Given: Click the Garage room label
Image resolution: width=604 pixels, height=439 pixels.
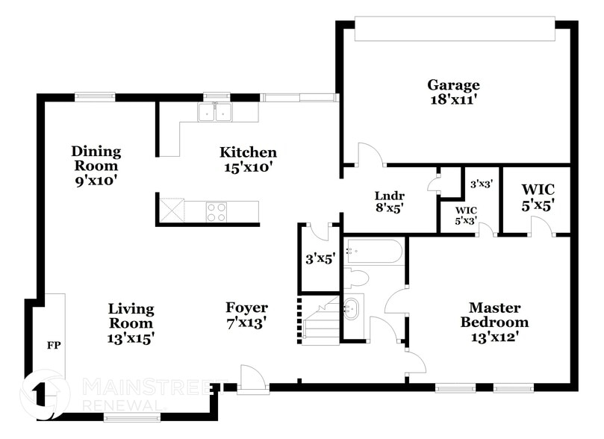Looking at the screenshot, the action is pos(453,85).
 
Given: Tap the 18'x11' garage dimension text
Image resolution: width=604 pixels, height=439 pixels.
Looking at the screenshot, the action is pos(454,100).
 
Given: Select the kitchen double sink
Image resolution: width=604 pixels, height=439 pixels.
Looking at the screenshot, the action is pos(214,112).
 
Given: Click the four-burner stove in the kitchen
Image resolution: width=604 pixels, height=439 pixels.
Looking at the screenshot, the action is pos(216,212).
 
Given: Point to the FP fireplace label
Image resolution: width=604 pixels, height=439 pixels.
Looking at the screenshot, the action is pos(54,346).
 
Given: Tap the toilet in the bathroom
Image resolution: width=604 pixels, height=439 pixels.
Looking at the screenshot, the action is pos(356,278).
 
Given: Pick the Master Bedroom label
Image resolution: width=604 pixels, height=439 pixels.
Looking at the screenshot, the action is pos(494,314).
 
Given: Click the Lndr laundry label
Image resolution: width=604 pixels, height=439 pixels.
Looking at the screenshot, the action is pos(390,196).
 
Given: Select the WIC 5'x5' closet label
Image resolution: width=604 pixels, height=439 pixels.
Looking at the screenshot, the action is pos(538,198).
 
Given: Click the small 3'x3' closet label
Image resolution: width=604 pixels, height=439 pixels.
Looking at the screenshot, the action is pos(482,184).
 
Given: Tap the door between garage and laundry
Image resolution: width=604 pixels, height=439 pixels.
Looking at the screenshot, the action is pos(370,155).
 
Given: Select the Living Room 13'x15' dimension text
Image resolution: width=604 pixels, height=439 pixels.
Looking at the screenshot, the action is pos(131,338).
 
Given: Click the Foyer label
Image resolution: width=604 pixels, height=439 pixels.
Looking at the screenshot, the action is pos(246,308).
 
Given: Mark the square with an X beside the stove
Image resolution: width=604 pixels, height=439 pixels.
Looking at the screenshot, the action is pos(172,210).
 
